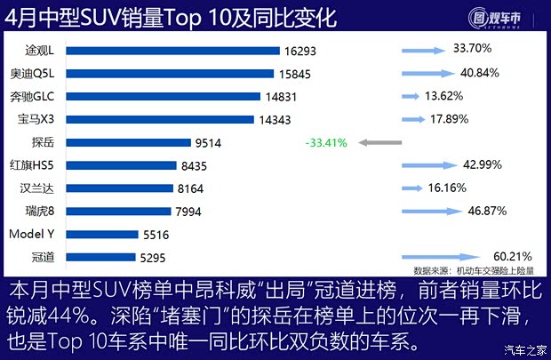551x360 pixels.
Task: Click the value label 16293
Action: click(x=299, y=50)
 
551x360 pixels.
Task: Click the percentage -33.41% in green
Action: click(x=325, y=142)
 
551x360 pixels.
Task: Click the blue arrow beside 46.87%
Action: click(x=427, y=212)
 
